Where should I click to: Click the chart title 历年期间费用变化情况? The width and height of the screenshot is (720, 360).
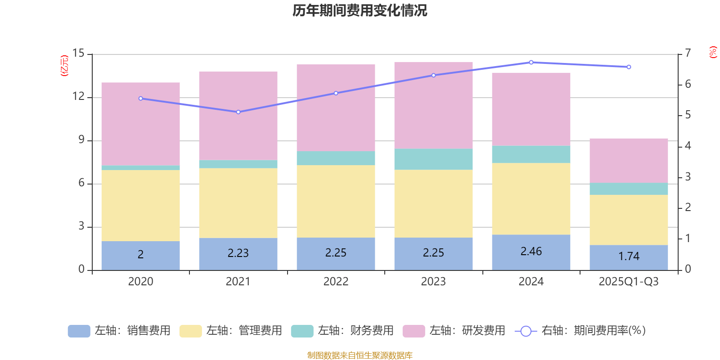[x=360, y=10]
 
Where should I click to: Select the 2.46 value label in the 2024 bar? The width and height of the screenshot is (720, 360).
[x=531, y=252]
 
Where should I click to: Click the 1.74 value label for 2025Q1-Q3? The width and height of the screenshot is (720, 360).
[x=629, y=256]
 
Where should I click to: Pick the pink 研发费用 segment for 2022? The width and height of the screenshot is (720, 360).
[x=336, y=108]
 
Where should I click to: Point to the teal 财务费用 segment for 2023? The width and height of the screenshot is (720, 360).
[x=433, y=159]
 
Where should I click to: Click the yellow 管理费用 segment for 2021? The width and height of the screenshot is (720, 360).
[x=238, y=203]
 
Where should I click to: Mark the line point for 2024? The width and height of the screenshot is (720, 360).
[x=531, y=62]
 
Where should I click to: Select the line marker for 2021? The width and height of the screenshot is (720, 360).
[x=238, y=112]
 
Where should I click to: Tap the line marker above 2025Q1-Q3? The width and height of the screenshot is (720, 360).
[x=629, y=67]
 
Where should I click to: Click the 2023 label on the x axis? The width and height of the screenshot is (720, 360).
[x=433, y=282]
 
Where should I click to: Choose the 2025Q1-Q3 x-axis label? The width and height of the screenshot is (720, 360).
[x=629, y=282]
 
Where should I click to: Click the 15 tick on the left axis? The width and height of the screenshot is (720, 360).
[x=79, y=54]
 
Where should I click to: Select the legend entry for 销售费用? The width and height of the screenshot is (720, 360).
[x=119, y=331]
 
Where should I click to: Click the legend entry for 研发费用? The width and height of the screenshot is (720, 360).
[x=454, y=331]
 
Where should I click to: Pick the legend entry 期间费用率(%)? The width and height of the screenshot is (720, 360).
[x=580, y=331]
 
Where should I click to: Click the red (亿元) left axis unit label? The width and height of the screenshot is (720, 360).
[x=64, y=66]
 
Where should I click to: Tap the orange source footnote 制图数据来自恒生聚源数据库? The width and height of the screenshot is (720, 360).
[x=360, y=355]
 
